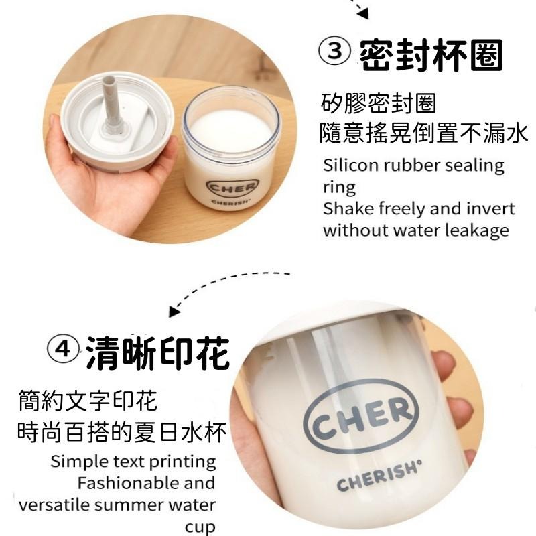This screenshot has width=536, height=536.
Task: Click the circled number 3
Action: point(334,52)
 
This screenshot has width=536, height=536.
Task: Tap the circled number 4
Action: point(64,350)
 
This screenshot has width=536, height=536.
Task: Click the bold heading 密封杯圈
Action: point(431,55)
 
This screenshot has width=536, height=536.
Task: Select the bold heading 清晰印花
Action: point(157,353)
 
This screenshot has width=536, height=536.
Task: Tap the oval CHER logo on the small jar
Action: point(232,187)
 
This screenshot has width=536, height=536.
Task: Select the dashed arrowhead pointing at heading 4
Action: point(174,311)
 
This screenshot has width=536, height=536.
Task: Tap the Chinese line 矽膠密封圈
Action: point(379,103)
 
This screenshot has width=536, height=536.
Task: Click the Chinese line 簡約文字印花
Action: point(88,400)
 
